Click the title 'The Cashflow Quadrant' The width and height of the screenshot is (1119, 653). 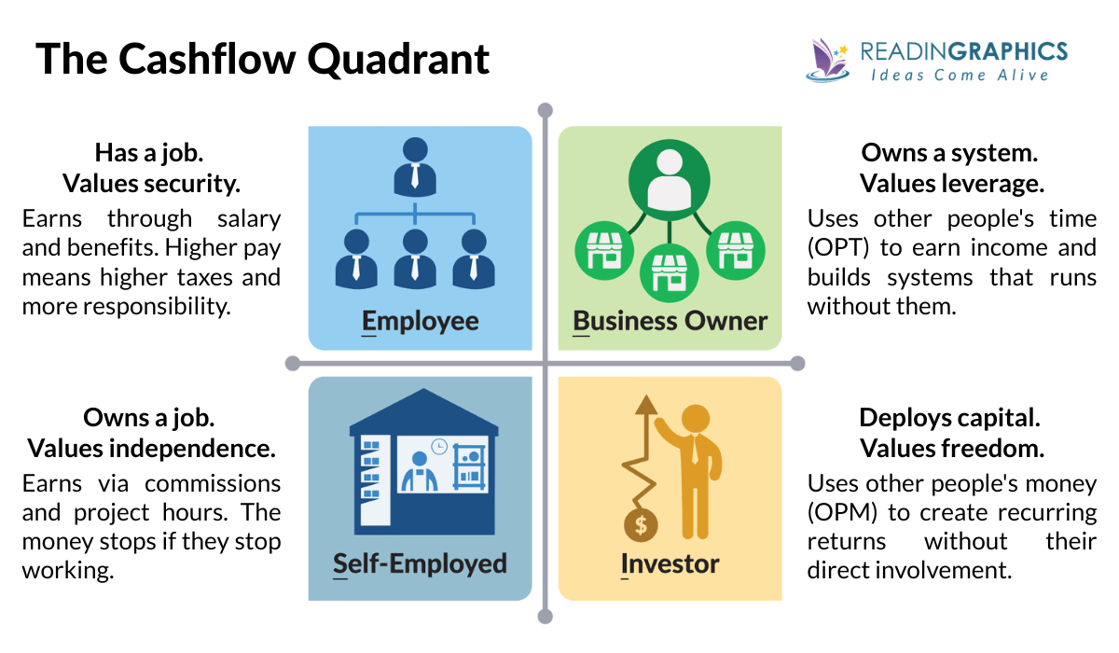point(263,60)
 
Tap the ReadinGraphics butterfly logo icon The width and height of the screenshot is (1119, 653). point(825,59)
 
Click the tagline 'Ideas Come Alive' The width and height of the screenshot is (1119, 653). point(960,75)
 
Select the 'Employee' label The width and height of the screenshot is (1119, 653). point(420,322)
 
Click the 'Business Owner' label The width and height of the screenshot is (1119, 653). point(670,322)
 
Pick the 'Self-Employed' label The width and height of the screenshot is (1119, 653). point(420,563)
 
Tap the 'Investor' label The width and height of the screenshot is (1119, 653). point(670,563)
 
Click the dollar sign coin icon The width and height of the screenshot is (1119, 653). point(641,524)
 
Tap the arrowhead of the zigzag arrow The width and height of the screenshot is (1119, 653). point(642,405)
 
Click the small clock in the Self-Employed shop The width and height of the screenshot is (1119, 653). point(439,446)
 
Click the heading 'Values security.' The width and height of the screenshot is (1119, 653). point(151,184)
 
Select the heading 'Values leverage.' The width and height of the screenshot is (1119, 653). point(951,184)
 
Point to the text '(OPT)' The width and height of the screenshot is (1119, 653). point(836,248)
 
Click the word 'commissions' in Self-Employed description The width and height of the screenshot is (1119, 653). point(213,483)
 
